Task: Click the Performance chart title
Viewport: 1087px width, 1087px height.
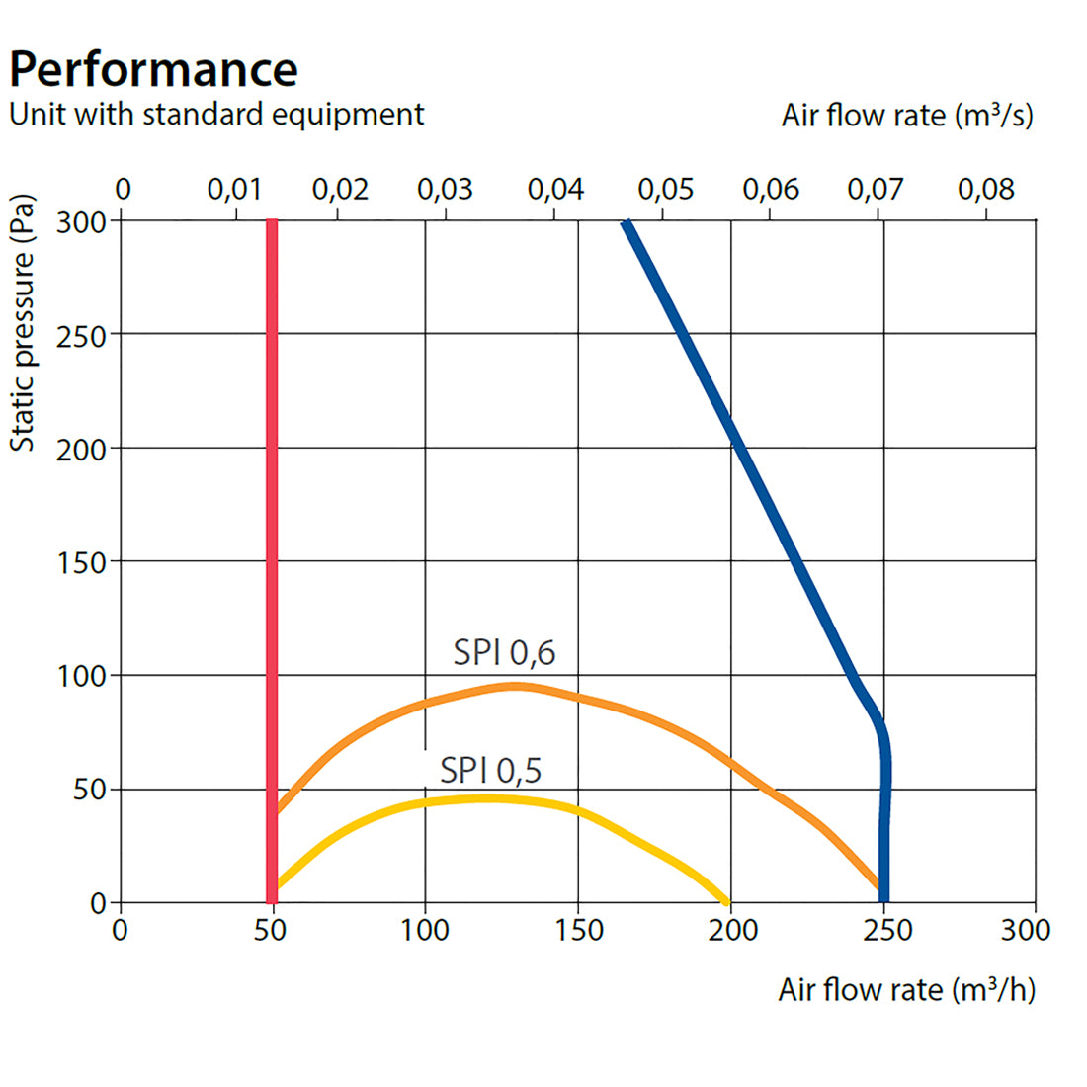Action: pos(153,69)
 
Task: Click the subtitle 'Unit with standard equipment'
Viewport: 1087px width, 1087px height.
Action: pos(216,115)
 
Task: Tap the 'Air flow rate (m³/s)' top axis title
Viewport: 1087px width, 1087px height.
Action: pos(907,116)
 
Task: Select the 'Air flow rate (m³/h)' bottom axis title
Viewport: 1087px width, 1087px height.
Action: pos(906,989)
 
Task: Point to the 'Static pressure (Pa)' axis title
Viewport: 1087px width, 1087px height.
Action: pos(23,322)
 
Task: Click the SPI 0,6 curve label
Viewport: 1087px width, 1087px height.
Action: pos(504,652)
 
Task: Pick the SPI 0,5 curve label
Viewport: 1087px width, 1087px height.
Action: pos(491,770)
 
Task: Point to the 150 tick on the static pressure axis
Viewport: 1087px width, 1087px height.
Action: pos(81,562)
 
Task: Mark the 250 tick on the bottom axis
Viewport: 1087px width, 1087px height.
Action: pos(884,930)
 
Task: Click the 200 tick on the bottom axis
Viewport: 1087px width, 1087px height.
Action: pos(732,930)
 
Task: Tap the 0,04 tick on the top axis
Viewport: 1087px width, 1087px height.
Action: pos(555,189)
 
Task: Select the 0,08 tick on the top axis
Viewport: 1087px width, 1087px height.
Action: pos(985,189)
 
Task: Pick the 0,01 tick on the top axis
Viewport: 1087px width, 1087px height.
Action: pos(235,189)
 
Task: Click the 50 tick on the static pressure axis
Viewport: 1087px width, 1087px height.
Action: pos(89,790)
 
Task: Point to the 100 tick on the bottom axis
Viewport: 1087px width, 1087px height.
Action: pos(425,930)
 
